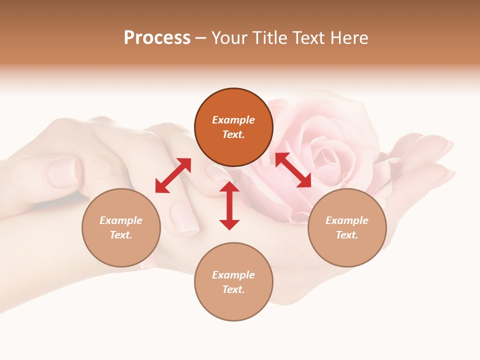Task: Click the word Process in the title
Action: click(x=157, y=38)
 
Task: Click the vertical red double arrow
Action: click(x=229, y=205)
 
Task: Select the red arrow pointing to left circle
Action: click(x=173, y=175)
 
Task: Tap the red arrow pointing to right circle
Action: click(x=293, y=170)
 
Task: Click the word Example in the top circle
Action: click(x=233, y=120)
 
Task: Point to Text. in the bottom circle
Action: click(x=233, y=289)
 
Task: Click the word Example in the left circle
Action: click(x=121, y=220)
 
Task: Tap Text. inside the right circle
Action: click(x=347, y=235)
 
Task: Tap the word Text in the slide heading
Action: click(x=311, y=38)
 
